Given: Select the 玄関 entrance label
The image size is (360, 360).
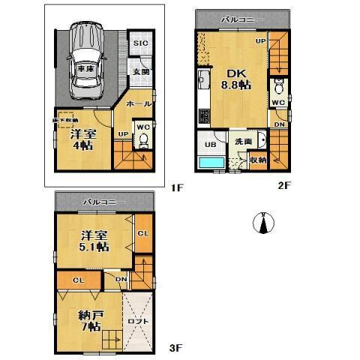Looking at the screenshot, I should tap(141, 71).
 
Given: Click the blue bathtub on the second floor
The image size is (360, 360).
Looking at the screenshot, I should tap(211, 163).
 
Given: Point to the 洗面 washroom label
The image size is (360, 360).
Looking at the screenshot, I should tap(243, 142).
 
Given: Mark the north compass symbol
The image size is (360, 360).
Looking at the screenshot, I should tap(265, 223).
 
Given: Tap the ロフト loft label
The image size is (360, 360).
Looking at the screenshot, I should tap(139, 321).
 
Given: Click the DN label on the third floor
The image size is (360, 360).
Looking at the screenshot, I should tap(121, 279).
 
